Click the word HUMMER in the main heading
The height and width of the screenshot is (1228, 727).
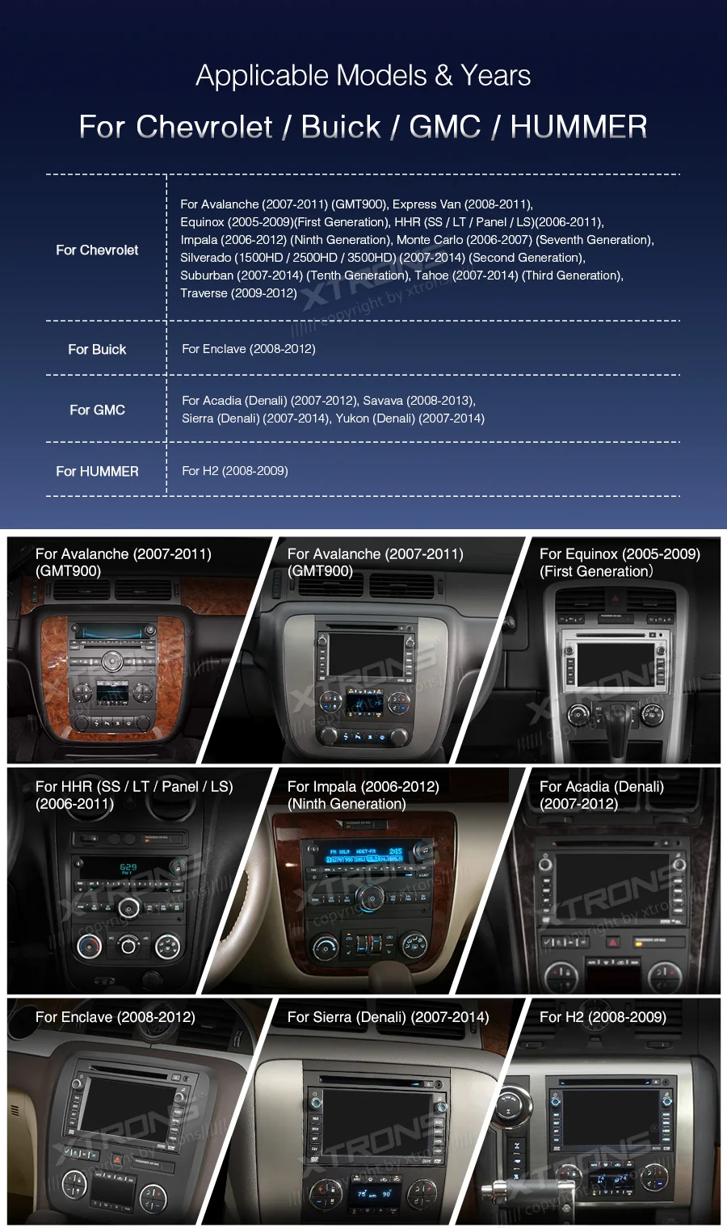pos(578,127)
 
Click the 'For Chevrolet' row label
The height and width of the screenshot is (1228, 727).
pos(97,250)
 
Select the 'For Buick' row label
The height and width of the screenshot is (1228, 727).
pos(97,349)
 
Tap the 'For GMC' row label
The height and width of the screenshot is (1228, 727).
pos(97,410)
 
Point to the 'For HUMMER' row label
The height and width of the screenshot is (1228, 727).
pos(97,471)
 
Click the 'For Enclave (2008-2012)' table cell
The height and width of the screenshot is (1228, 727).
pos(249,349)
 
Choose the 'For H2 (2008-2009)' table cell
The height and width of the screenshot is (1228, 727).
pos(235,471)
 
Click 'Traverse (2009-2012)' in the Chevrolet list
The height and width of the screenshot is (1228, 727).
pos(238,293)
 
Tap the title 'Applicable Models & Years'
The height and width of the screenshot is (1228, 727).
pos(363,76)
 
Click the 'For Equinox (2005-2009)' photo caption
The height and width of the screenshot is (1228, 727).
pos(620,554)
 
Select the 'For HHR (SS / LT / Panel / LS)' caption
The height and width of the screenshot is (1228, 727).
pos(134,787)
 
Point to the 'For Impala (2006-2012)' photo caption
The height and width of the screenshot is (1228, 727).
pos(363,787)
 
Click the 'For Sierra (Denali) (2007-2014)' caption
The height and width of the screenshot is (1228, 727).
pos(388,1017)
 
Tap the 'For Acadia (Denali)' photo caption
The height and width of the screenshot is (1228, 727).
pos(602,787)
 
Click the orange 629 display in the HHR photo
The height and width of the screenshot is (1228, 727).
pos(128,868)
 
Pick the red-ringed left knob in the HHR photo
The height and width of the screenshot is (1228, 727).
pos(89,945)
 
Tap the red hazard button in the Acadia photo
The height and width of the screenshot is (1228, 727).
pos(612,942)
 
